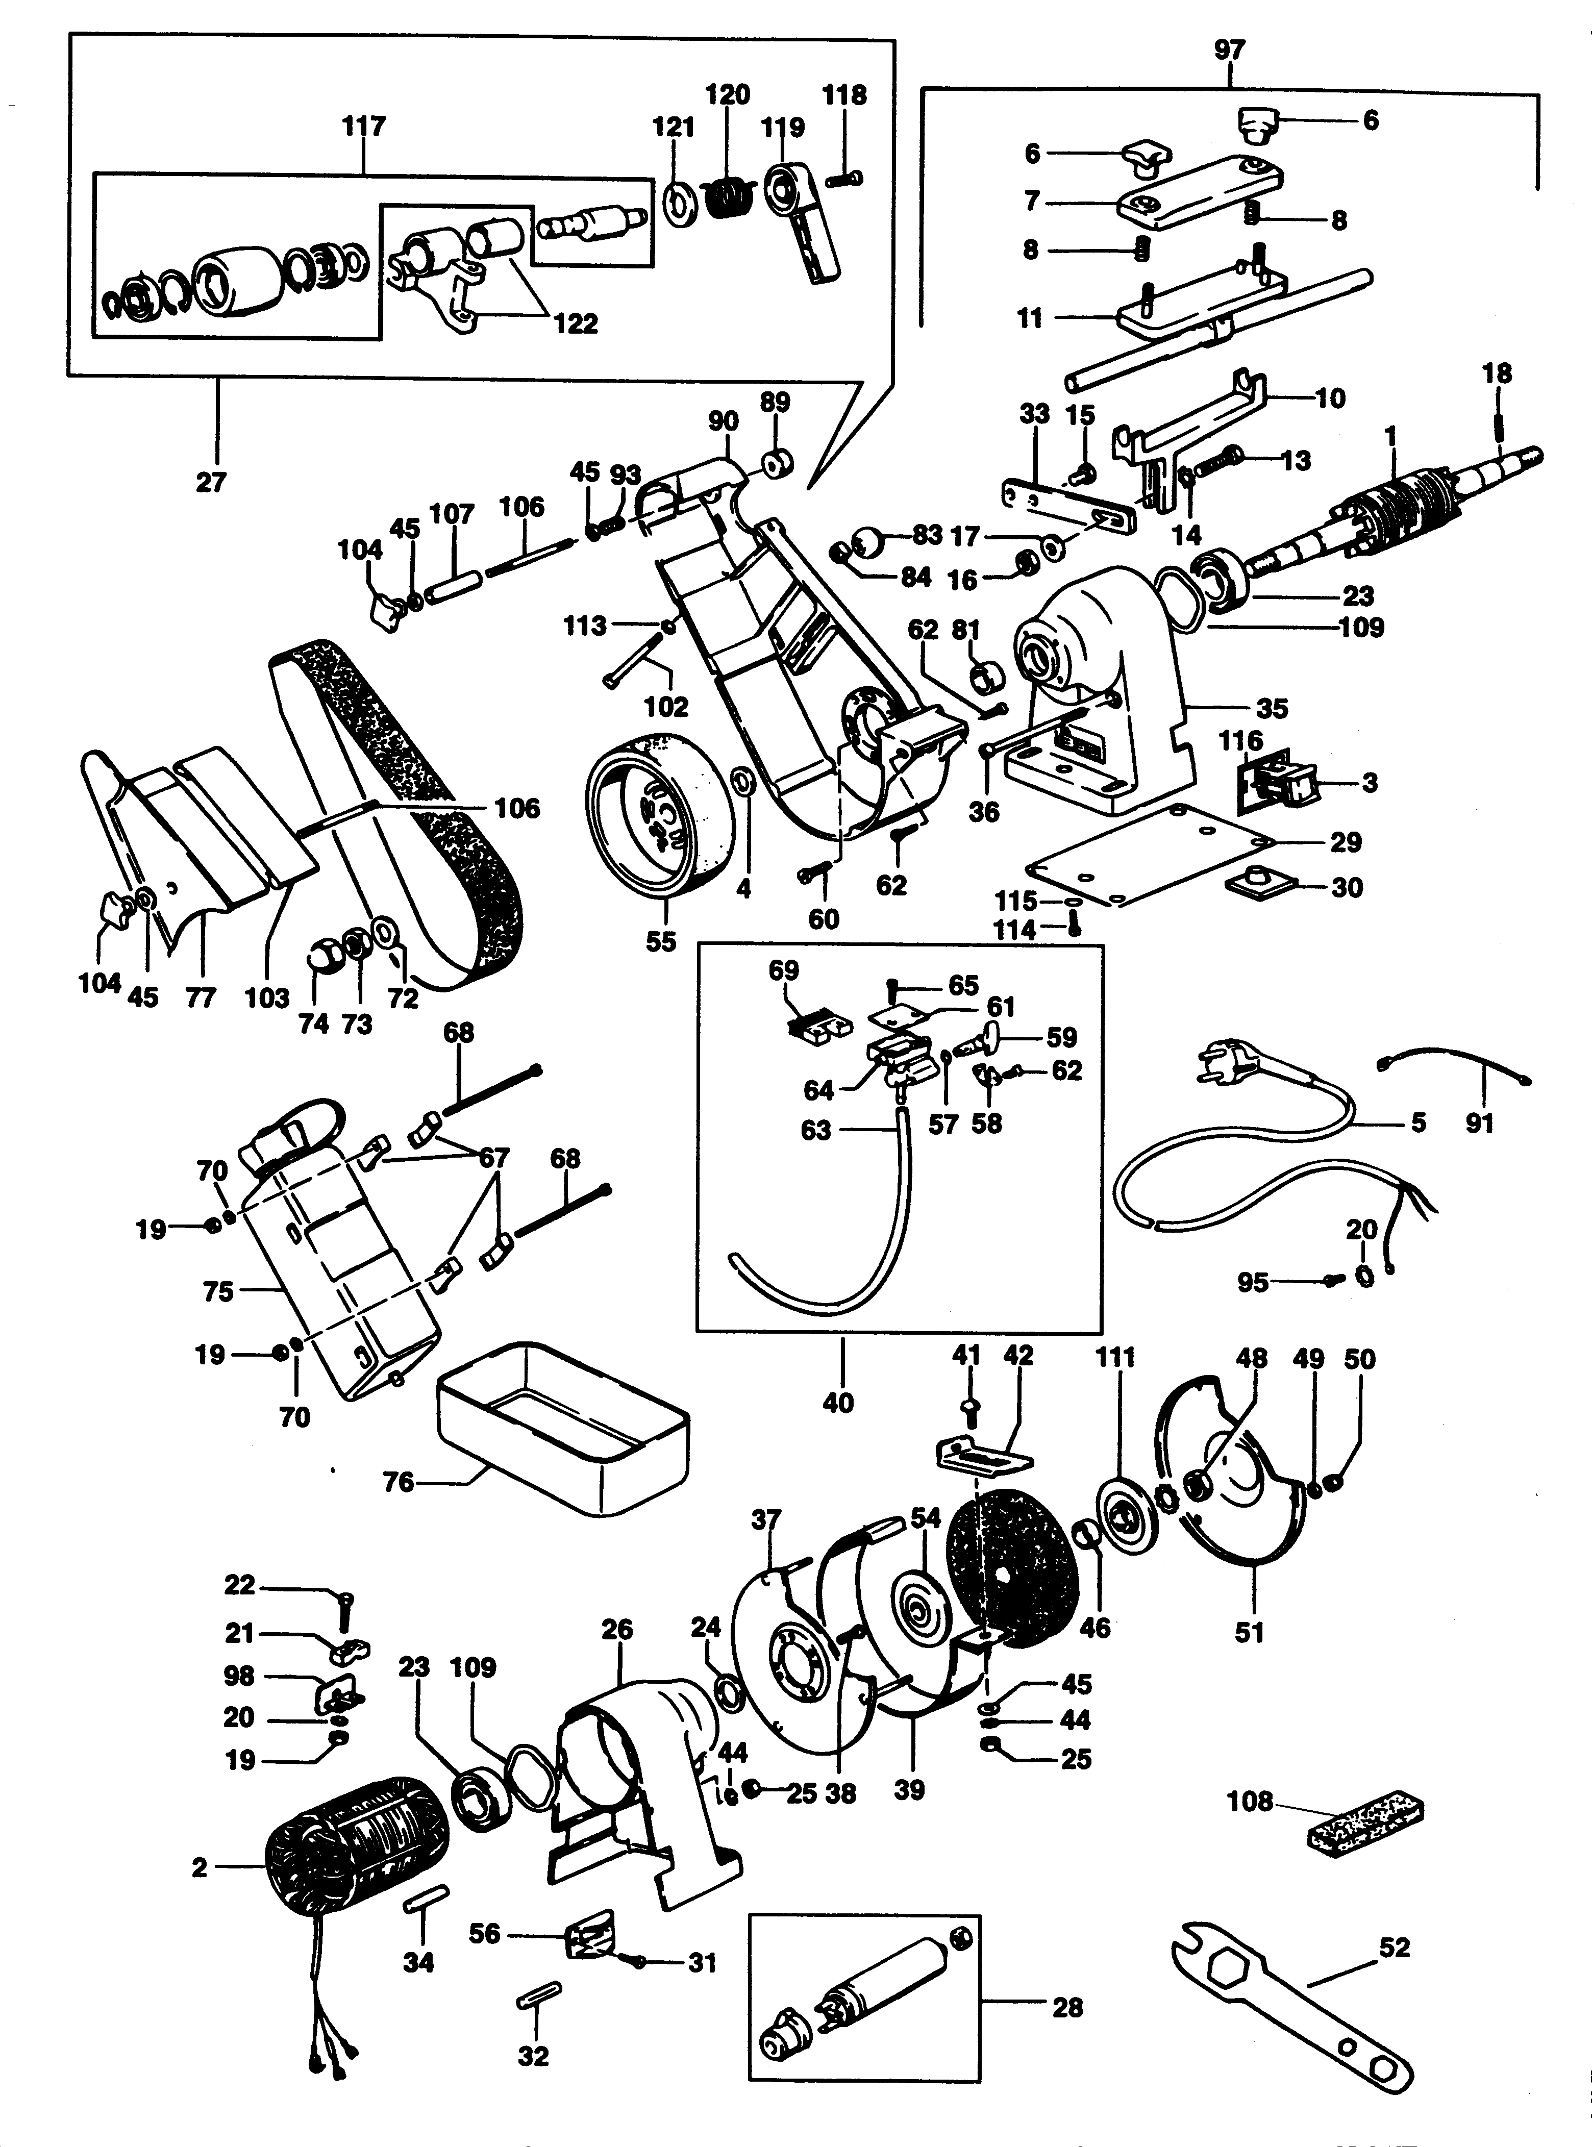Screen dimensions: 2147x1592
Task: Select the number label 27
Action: click(210, 482)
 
